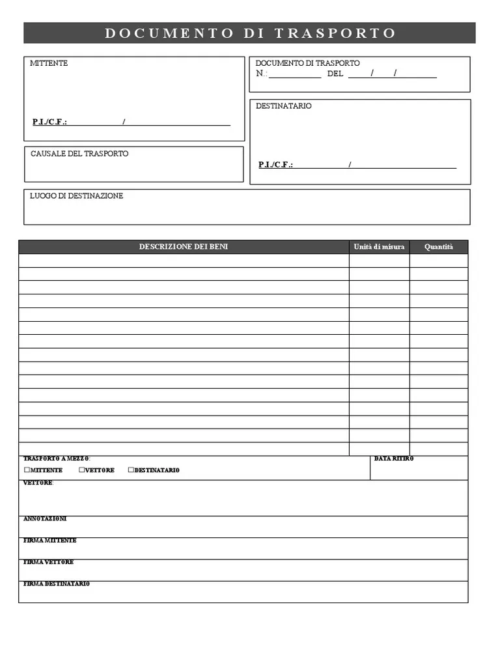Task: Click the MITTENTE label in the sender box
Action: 49,63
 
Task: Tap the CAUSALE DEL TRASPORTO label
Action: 79,154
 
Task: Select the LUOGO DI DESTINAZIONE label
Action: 76,196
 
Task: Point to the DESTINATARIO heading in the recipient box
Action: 283,106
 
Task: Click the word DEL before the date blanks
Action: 335,74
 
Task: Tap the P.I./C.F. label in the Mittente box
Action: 49,122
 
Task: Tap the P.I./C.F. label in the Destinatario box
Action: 275,165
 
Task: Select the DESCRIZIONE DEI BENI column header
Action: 184,247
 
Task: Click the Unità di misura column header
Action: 379,247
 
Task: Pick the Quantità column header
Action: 438,247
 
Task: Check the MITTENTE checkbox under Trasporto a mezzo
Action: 27,470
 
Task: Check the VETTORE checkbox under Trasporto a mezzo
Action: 82,470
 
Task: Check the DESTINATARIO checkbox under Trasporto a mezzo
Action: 131,470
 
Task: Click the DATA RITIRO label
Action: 394,459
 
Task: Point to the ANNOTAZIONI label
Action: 45,519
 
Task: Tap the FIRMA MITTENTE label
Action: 49,541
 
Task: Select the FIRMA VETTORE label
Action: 48,562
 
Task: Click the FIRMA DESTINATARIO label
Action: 57,584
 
